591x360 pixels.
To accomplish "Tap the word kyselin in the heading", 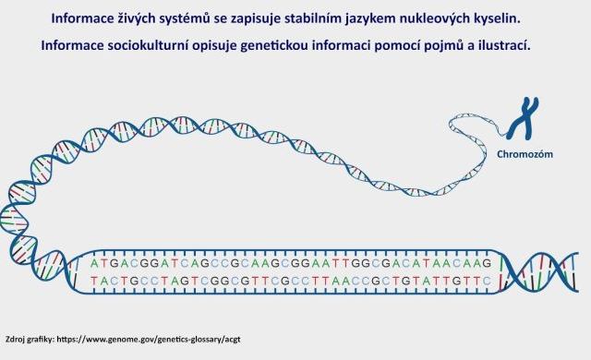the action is pyautogui.click(x=493, y=18).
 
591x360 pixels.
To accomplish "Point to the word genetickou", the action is pyautogui.click(x=274, y=45).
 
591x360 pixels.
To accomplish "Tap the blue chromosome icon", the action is pyautogui.click(x=524, y=118).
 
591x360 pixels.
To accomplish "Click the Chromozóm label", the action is pyautogui.click(x=525, y=154).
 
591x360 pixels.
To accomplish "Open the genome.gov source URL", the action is pyautogui.click(x=149, y=340).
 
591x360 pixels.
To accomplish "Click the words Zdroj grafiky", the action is pyautogui.click(x=30, y=340).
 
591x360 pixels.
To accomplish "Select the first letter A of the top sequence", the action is pyautogui.click(x=94, y=263).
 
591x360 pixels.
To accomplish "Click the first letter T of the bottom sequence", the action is pyautogui.click(x=94, y=281).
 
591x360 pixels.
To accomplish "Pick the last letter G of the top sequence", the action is pyautogui.click(x=487, y=263).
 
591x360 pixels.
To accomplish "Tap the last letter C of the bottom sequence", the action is pyautogui.click(x=487, y=281).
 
